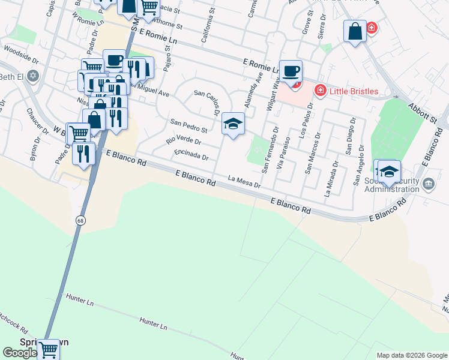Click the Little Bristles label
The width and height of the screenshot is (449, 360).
coord(354,91)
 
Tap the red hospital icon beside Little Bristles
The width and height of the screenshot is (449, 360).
coord(320,91)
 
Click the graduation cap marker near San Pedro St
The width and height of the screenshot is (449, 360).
coord(233,125)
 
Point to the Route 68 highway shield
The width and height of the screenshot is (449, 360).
coord(80,221)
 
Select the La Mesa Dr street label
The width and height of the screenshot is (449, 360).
coord(245,181)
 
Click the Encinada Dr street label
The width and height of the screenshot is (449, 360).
coord(191,155)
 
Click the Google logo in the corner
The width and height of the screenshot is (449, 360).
coord(20,353)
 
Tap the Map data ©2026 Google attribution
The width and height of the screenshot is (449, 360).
coord(411,355)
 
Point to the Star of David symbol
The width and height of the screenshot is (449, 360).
coord(34,76)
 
